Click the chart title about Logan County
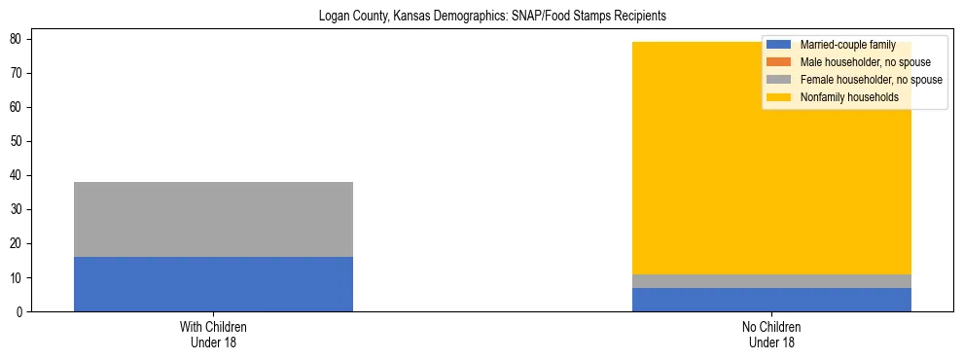[492, 17]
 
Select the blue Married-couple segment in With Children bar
[213, 284]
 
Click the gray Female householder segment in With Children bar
[213, 219]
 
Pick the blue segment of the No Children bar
[771, 300]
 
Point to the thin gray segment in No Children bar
[771, 281]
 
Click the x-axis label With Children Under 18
[213, 335]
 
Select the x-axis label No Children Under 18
[771, 335]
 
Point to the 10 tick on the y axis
[19, 278]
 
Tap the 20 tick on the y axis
[19, 244]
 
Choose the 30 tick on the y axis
[19, 210]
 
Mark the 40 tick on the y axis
[19, 176]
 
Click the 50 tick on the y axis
[19, 142]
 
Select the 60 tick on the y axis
[19, 107]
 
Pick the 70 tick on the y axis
[19, 73]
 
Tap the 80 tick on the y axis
[19, 39]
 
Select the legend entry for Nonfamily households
[848, 97]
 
